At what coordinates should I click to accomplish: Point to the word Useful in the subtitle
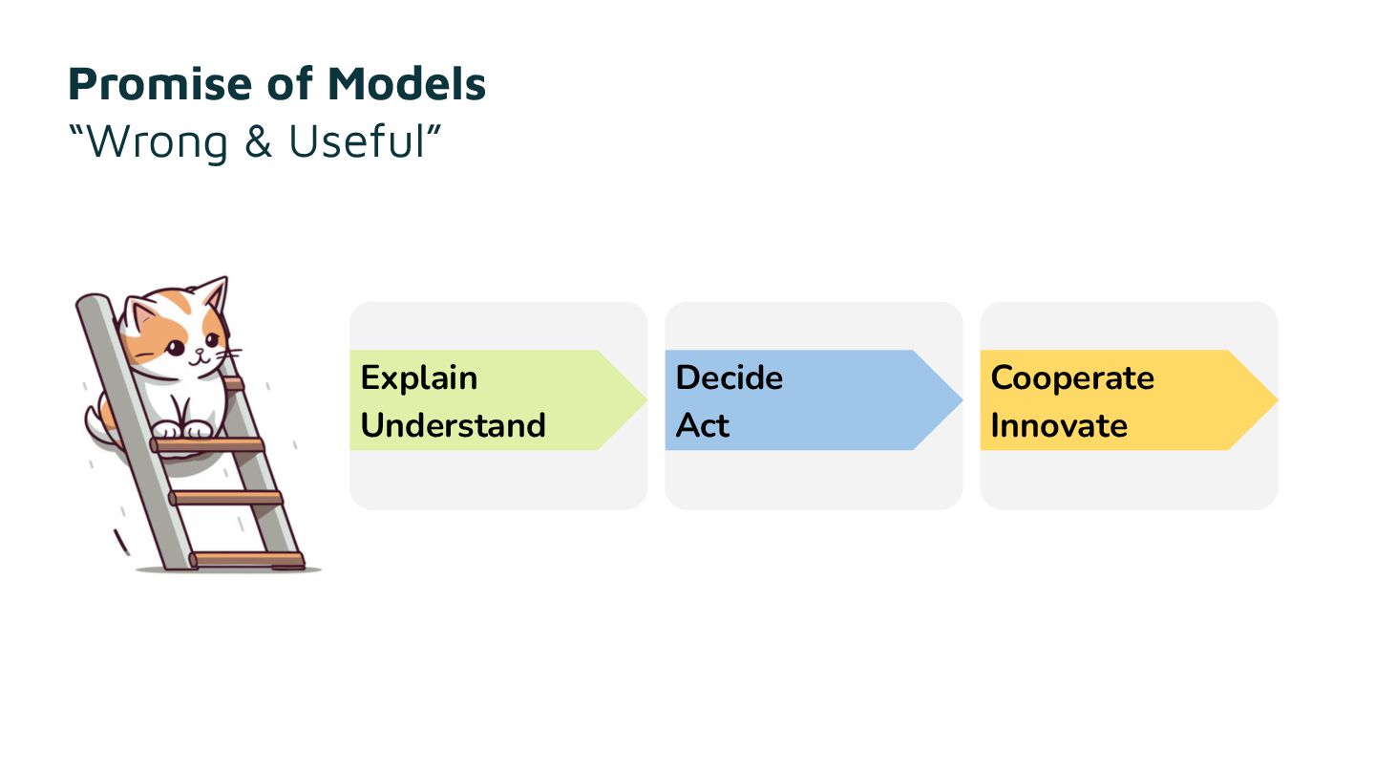pyautogui.click(x=363, y=141)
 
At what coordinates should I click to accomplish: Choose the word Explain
pyautogui.click(x=418, y=378)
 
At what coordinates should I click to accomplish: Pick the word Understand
pyautogui.click(x=453, y=425)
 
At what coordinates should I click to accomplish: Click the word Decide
pyautogui.click(x=729, y=378)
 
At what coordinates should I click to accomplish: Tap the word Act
pyautogui.click(x=702, y=425)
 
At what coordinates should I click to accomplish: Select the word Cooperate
pyautogui.click(x=1072, y=378)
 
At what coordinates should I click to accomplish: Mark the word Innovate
pyautogui.click(x=1059, y=425)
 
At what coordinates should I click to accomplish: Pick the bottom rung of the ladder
pyautogui.click(x=246, y=558)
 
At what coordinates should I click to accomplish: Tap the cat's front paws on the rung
pyautogui.click(x=182, y=431)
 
